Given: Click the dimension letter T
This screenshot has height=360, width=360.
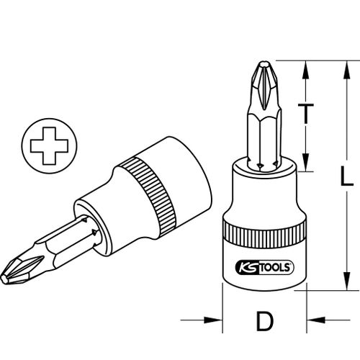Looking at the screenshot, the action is pos(305,114).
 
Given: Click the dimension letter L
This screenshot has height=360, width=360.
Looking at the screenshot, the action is pos(347,176).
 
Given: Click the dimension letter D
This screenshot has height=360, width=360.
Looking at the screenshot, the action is pos(265,321).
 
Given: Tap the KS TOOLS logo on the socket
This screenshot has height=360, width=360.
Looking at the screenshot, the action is pos(265,268).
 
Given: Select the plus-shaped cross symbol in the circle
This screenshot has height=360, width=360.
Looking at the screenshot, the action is pos(49,146).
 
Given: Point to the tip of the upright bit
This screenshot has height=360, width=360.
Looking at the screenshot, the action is pos(264,63).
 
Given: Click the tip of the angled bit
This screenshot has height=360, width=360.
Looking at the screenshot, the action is pos(3,279).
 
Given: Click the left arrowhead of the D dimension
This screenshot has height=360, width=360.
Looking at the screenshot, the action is pos(213,320).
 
